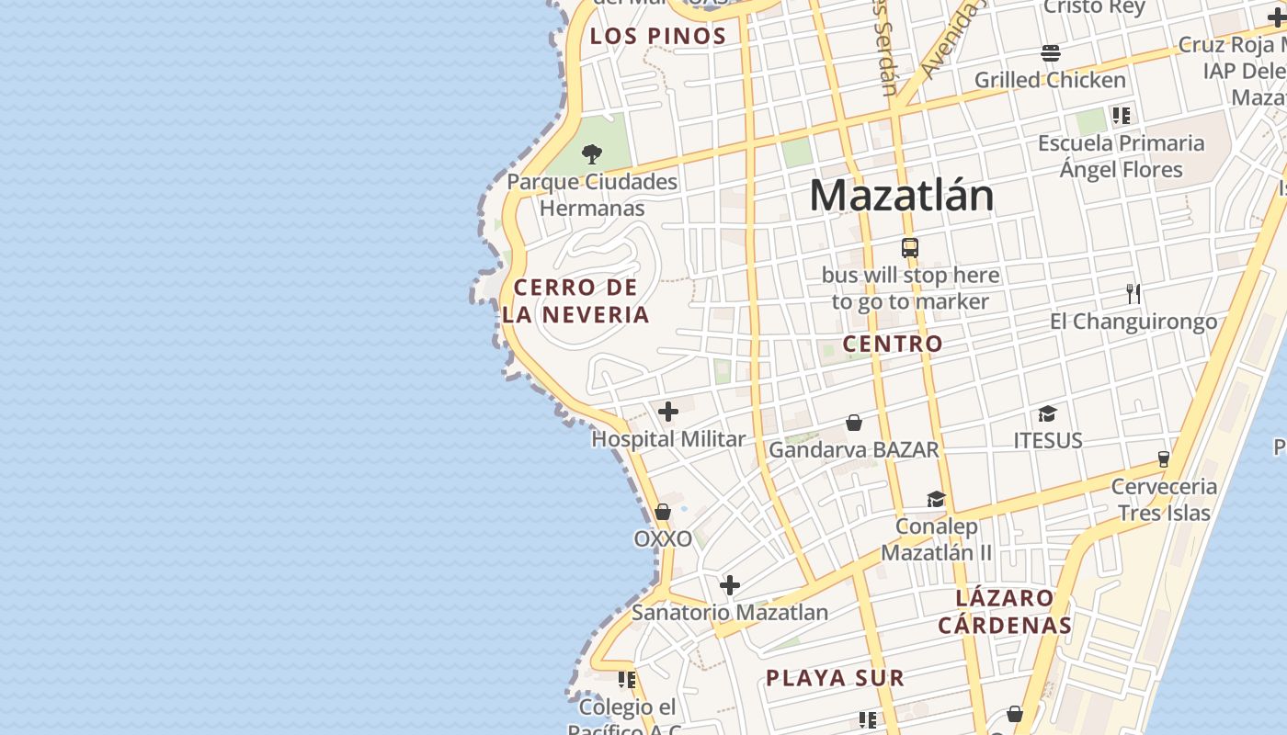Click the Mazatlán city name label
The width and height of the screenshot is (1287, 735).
click(x=901, y=196)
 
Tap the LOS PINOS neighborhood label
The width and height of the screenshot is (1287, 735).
click(x=658, y=37)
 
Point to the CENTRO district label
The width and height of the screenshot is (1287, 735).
click(x=893, y=344)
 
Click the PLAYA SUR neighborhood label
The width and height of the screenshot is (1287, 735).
click(x=835, y=678)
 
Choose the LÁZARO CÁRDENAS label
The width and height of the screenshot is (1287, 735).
click(x=1005, y=612)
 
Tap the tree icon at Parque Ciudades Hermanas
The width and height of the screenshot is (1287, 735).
click(x=592, y=153)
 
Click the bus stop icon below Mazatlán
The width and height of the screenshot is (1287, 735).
click(x=910, y=248)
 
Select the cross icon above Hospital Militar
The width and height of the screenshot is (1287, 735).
click(x=668, y=412)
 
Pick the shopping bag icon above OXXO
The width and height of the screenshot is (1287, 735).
click(x=663, y=512)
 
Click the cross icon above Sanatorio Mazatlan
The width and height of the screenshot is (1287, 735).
click(x=730, y=585)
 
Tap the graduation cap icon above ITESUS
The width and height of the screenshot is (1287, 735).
click(x=1047, y=413)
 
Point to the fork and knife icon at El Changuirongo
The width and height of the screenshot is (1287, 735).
click(x=1133, y=294)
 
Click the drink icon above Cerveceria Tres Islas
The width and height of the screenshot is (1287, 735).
click(x=1164, y=458)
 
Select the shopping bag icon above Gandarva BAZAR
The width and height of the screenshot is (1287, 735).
click(x=854, y=423)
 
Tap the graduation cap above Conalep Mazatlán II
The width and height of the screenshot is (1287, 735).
click(x=936, y=499)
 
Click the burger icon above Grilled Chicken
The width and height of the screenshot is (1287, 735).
click(x=1051, y=52)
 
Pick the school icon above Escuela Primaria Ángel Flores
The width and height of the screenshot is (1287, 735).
click(x=1121, y=116)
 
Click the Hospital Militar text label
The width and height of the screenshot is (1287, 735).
click(x=668, y=439)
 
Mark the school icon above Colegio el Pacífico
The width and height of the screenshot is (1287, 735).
click(x=627, y=680)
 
